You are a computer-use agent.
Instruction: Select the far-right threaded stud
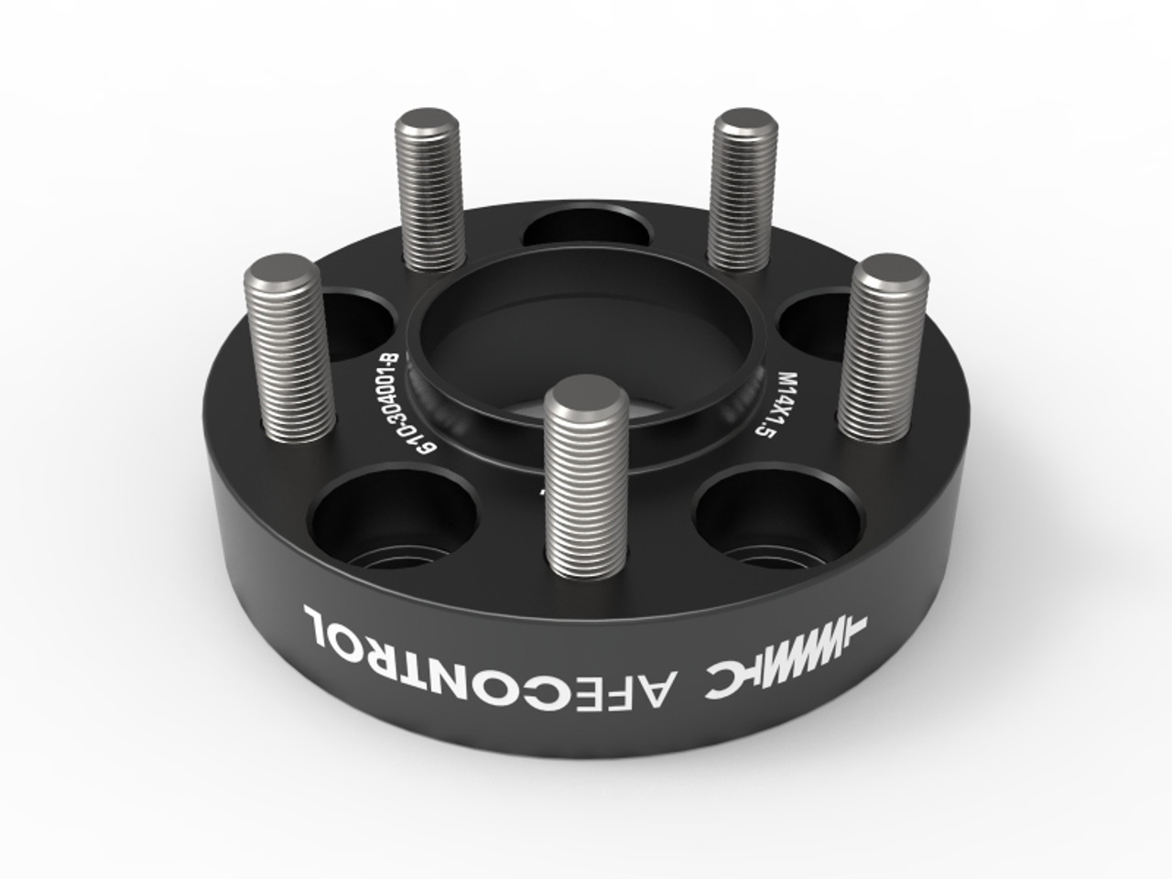tap(884, 348)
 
